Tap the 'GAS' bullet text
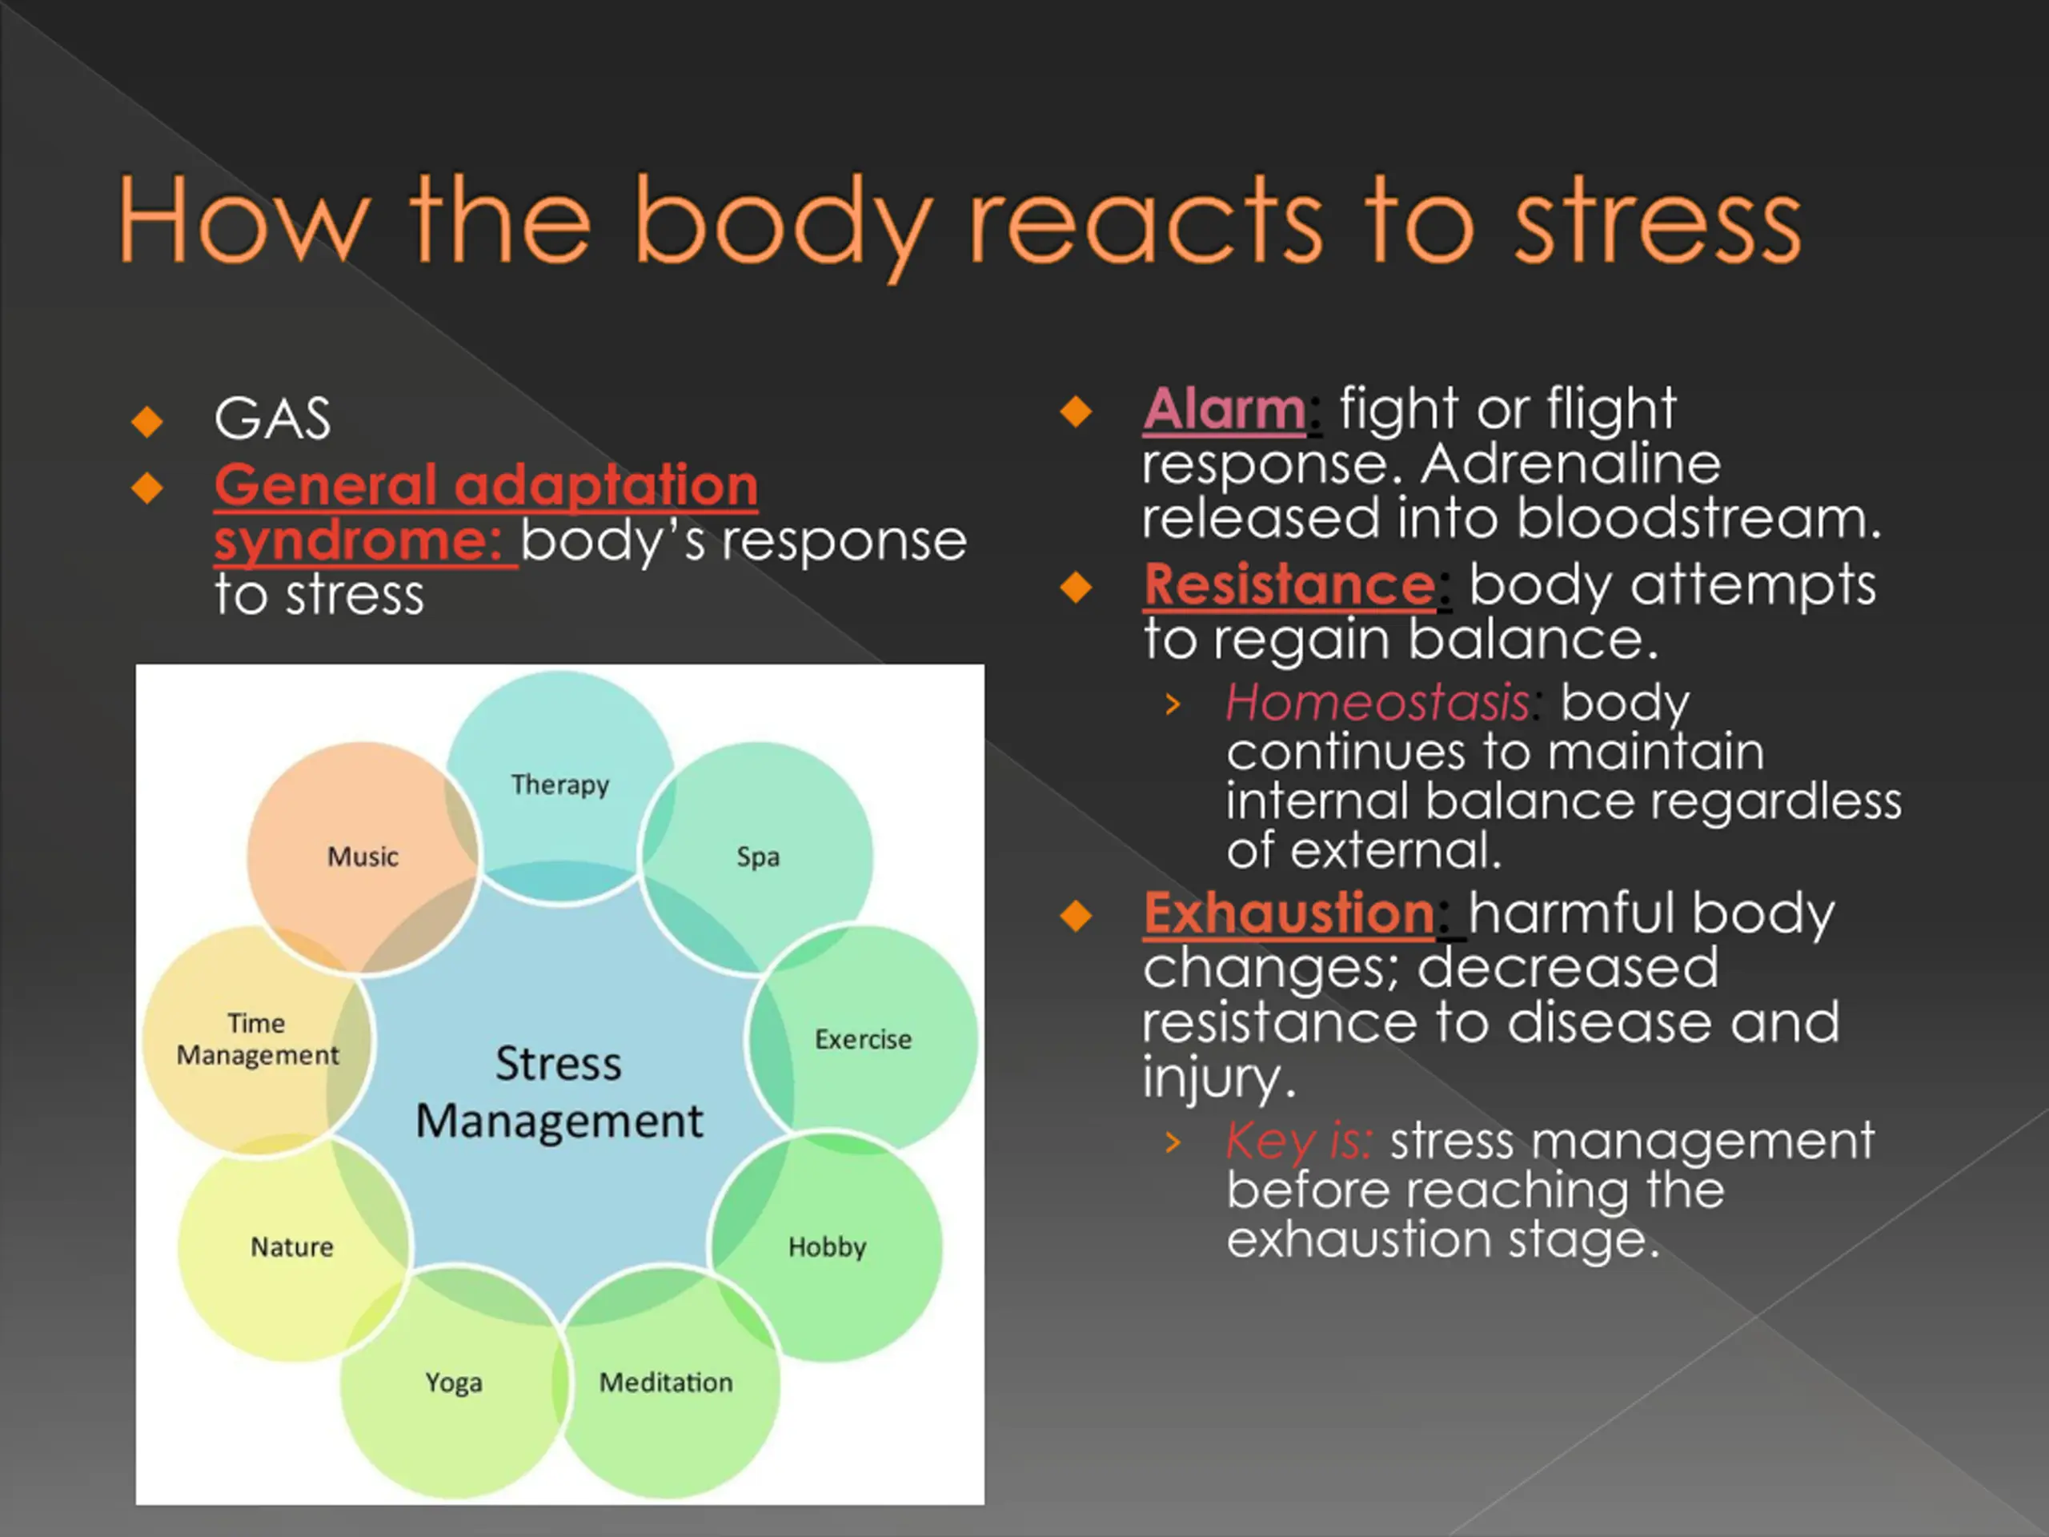tap(271, 418)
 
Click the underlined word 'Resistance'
tap(1289, 584)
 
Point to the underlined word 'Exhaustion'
tap(1289, 913)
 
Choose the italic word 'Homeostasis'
tap(1377, 702)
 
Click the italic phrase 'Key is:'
tap(1299, 1141)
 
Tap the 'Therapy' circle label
tap(559, 785)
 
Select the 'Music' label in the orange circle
tap(363, 856)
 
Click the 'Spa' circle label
tap(758, 856)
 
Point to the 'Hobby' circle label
tap(827, 1247)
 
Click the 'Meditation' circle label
tap(665, 1382)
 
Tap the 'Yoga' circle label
tap(453, 1382)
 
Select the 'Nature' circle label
tap(292, 1247)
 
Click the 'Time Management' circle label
tap(258, 1038)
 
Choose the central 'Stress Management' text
tap(559, 1091)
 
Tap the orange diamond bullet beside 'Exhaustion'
tap(1077, 915)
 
